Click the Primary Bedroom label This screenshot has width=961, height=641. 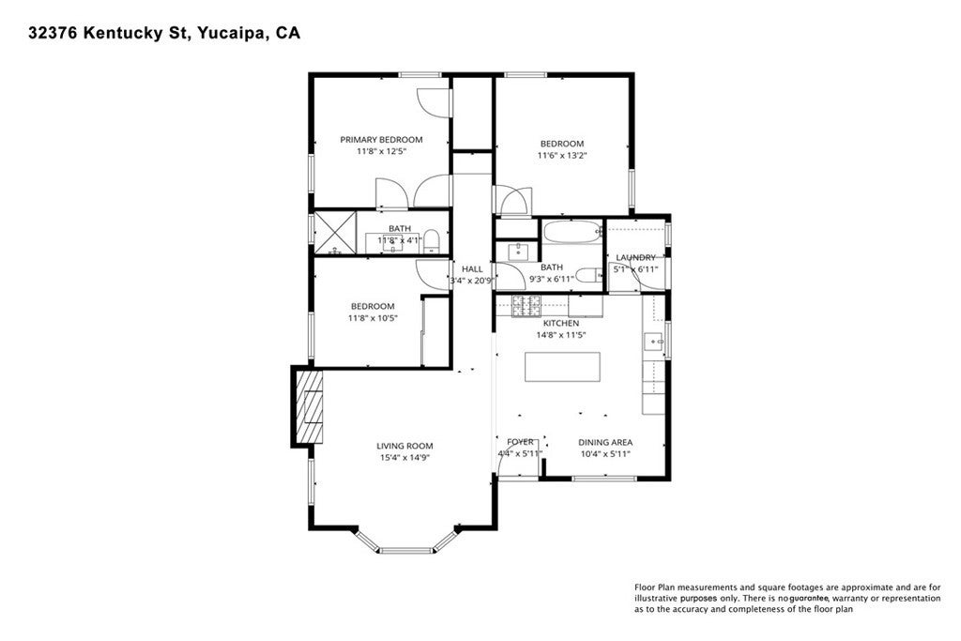pyautogui.click(x=381, y=140)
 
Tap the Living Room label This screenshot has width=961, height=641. pyautogui.click(x=404, y=446)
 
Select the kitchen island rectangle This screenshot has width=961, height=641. pyautogui.click(x=562, y=367)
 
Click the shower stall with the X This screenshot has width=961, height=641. pyautogui.click(x=335, y=232)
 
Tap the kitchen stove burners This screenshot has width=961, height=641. pyautogui.click(x=526, y=305)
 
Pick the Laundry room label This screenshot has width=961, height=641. pyautogui.click(x=635, y=258)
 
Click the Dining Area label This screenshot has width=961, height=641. pyautogui.click(x=605, y=442)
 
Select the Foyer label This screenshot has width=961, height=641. pyautogui.click(x=520, y=442)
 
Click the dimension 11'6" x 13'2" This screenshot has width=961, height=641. pyautogui.click(x=562, y=156)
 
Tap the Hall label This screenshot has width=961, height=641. pyautogui.click(x=472, y=269)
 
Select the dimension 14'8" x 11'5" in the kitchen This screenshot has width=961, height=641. pyautogui.click(x=561, y=335)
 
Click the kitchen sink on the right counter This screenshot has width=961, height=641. pyautogui.click(x=653, y=340)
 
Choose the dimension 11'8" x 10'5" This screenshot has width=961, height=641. pyautogui.click(x=373, y=318)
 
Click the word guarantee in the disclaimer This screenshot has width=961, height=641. pyautogui.click(x=809, y=598)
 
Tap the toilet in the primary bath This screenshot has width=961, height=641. pyautogui.click(x=432, y=241)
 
